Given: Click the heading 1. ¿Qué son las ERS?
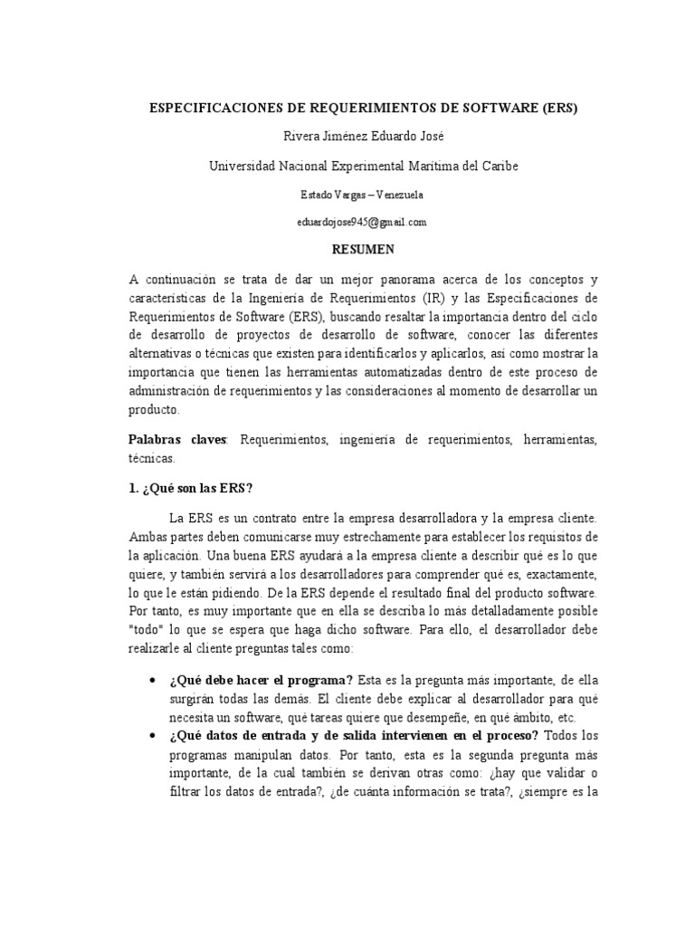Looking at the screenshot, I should click(x=191, y=488).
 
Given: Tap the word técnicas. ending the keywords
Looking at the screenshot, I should click(x=151, y=459).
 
